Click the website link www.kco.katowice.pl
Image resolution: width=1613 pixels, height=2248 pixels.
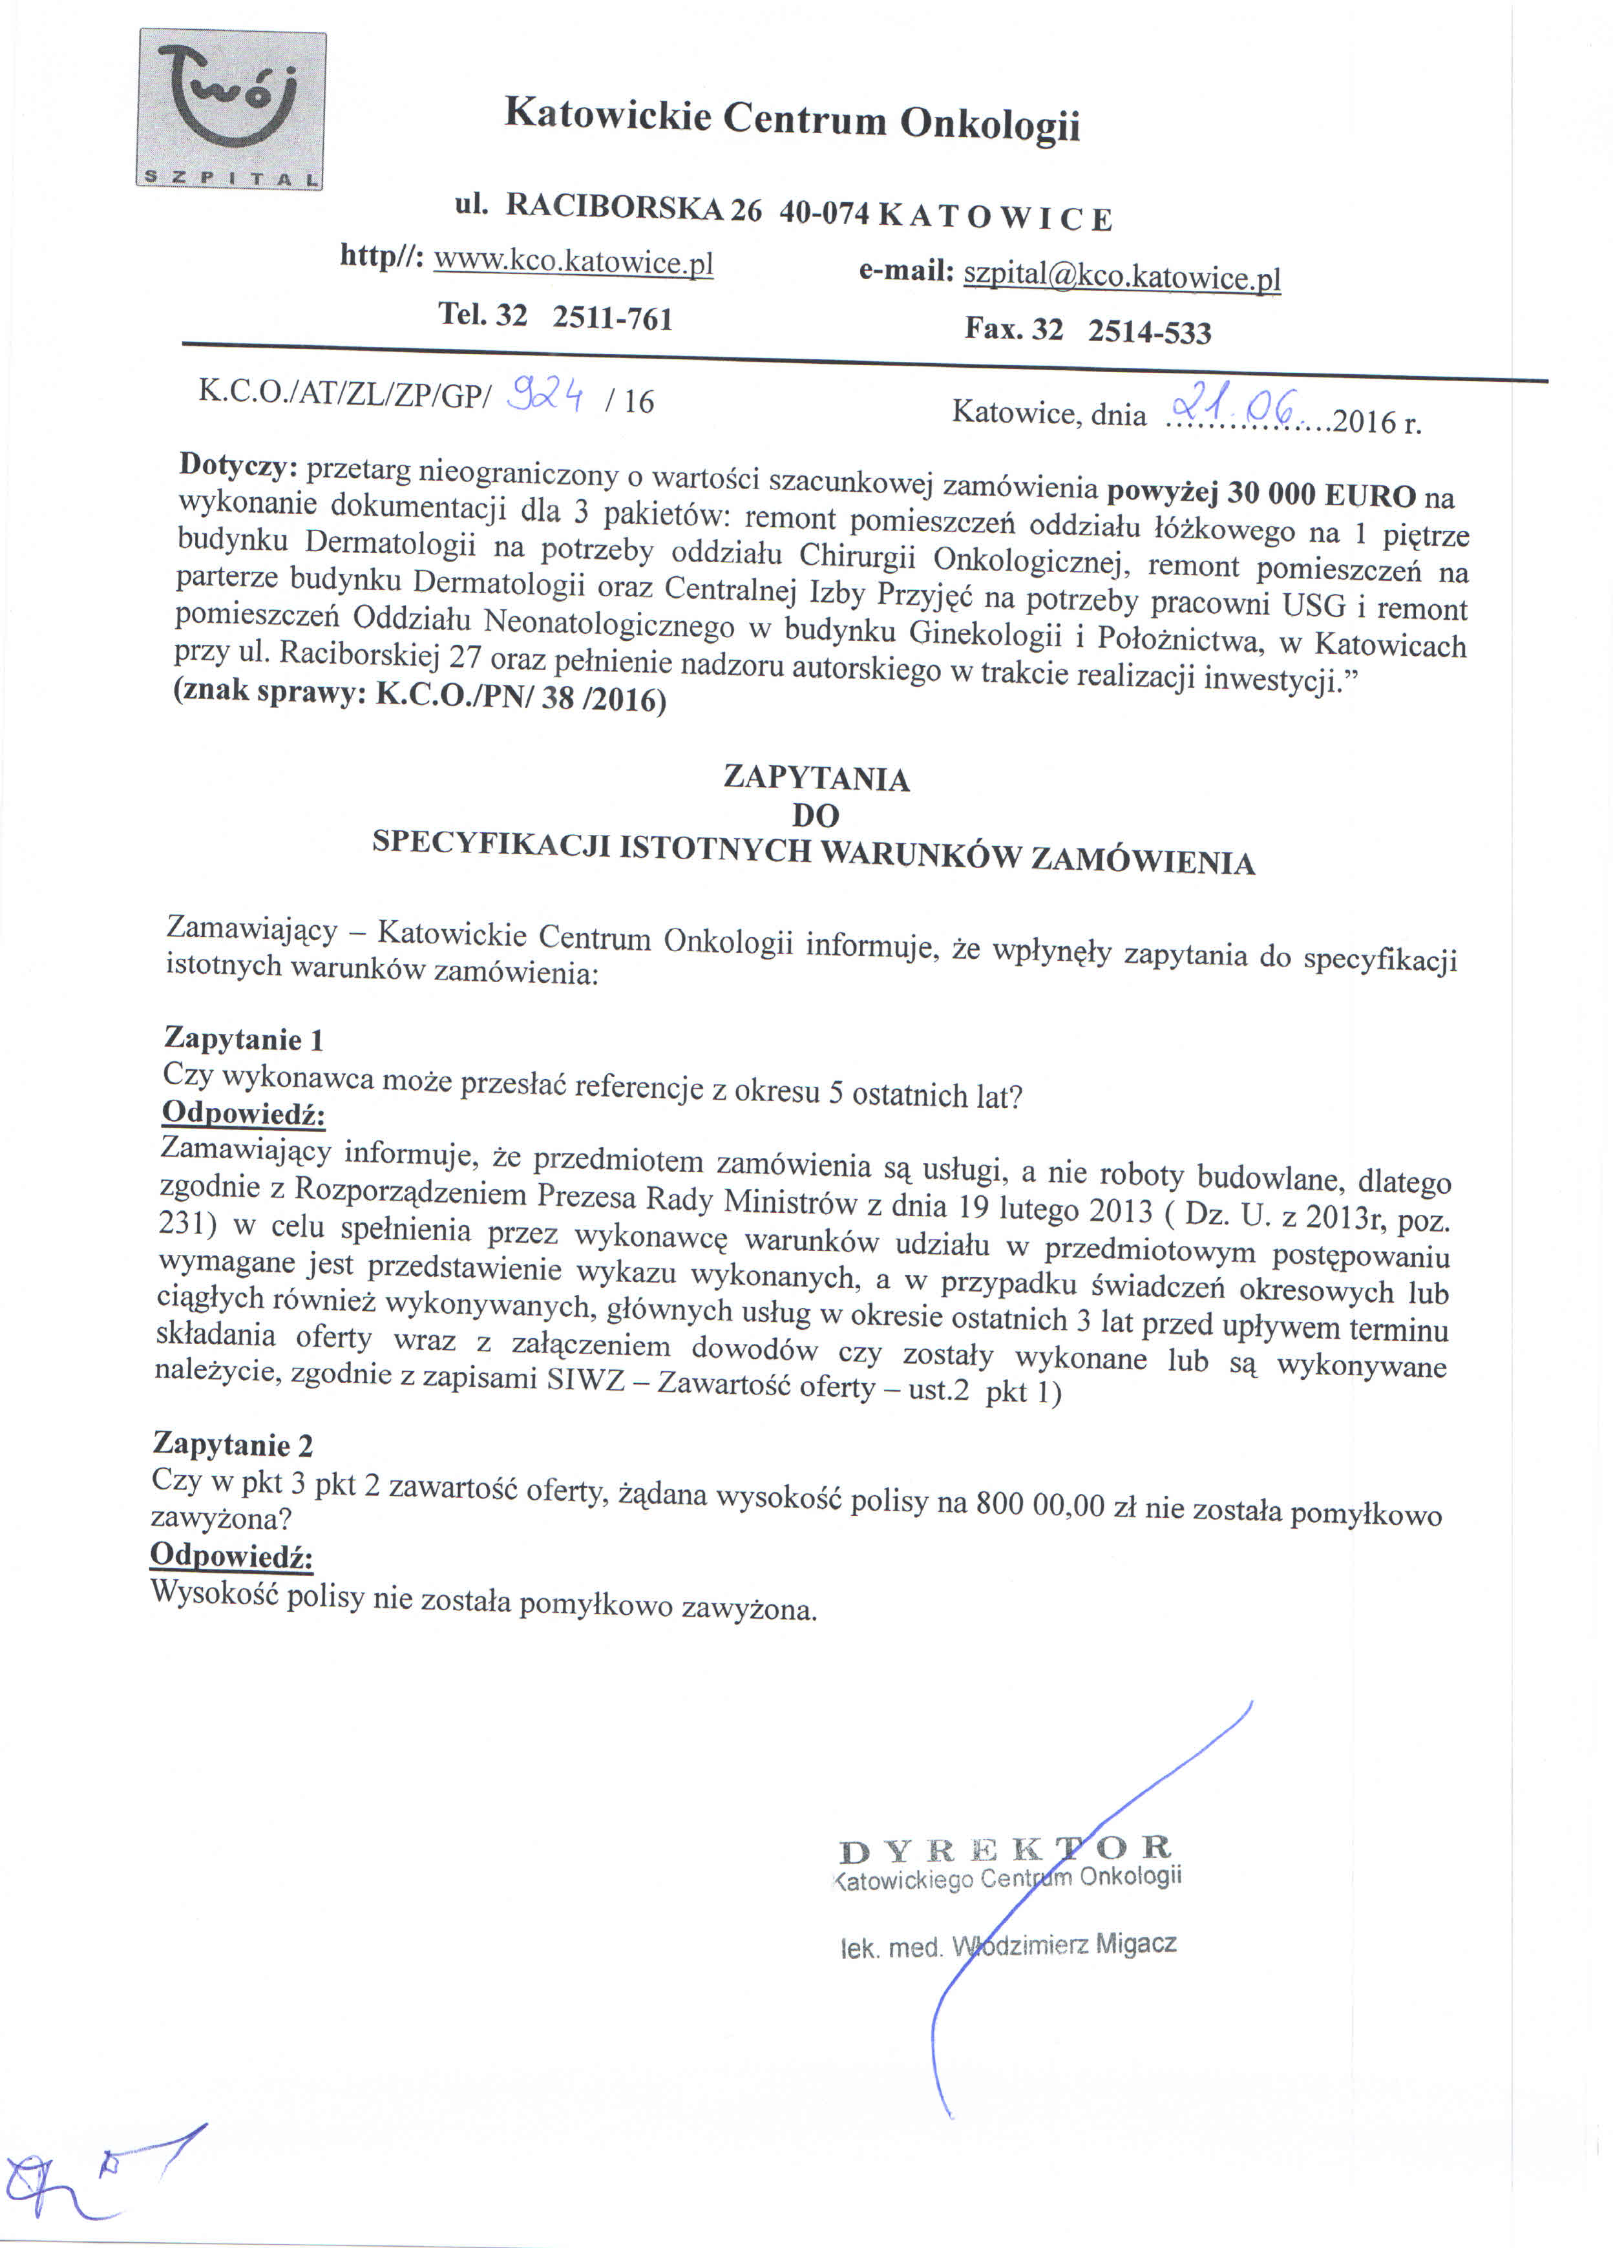pos(574,262)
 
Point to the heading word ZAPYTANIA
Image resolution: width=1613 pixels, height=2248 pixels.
pos(816,778)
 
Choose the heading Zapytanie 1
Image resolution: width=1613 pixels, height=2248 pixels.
pos(244,1039)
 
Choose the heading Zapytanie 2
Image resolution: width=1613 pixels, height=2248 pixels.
pos(233,1444)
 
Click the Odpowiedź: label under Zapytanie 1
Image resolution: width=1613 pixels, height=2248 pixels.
pos(244,1113)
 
